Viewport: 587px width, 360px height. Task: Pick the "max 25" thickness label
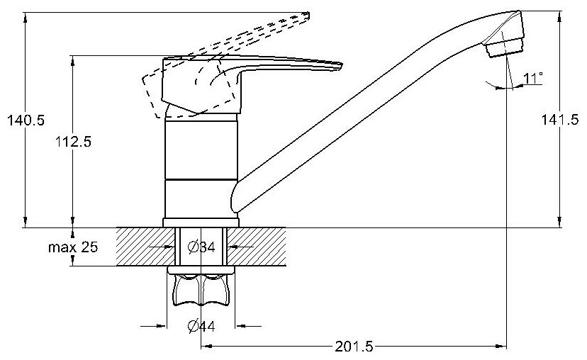click(73, 247)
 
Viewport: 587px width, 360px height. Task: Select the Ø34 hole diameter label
click(201, 247)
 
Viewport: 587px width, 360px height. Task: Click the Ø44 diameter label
click(201, 326)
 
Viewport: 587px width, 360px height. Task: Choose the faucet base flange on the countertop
click(201, 223)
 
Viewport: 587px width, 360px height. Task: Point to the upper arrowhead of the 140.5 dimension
click(25, 13)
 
